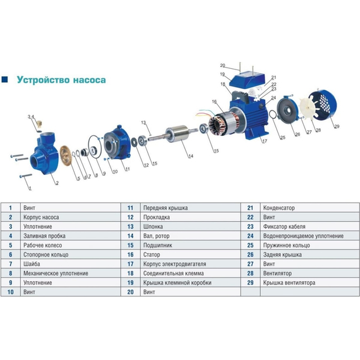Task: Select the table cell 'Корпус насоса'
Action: (38, 217)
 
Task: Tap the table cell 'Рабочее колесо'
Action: (40, 244)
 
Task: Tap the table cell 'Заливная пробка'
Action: (41, 235)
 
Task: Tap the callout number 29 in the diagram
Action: (337, 127)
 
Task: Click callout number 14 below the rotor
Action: (191, 155)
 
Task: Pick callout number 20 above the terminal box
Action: (222, 65)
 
